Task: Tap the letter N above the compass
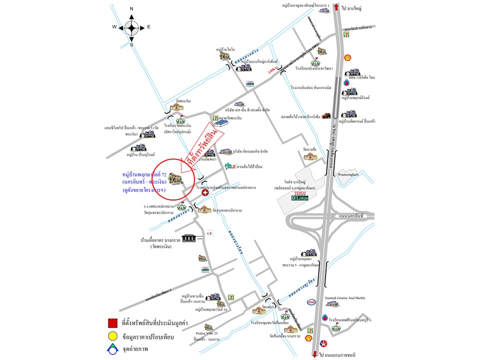click(131, 9)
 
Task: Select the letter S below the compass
click(131, 45)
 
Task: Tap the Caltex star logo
click(323, 343)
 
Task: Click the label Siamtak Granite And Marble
click(344, 298)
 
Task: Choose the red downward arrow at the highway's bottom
click(314, 354)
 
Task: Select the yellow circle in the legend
click(112, 336)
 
